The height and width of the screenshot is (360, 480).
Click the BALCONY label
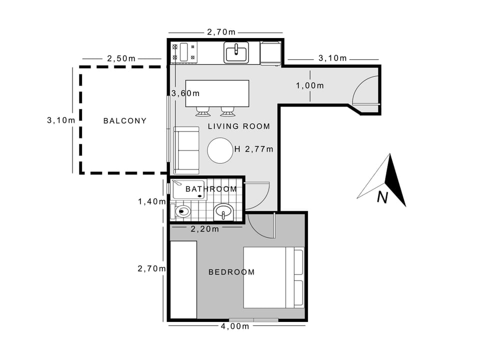(124, 120)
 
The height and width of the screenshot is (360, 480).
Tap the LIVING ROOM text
(238, 126)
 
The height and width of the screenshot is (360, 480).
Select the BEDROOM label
(231, 272)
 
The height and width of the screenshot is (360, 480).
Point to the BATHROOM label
(211, 189)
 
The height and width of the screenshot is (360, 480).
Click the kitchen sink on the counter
(236, 52)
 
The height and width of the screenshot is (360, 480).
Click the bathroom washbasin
(223, 212)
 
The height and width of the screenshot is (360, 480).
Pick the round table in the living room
(220, 150)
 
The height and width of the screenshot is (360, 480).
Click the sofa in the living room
(186, 150)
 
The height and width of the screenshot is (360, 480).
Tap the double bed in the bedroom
(273, 277)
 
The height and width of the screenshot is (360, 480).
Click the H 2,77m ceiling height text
(253, 148)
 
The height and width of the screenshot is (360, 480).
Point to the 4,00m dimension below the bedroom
(234, 326)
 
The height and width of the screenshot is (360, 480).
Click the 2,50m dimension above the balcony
(121, 58)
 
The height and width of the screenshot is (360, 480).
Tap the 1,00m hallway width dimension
(309, 85)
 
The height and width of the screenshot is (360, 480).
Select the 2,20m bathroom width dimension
(205, 229)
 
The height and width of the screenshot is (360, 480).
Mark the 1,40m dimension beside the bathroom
(152, 201)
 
